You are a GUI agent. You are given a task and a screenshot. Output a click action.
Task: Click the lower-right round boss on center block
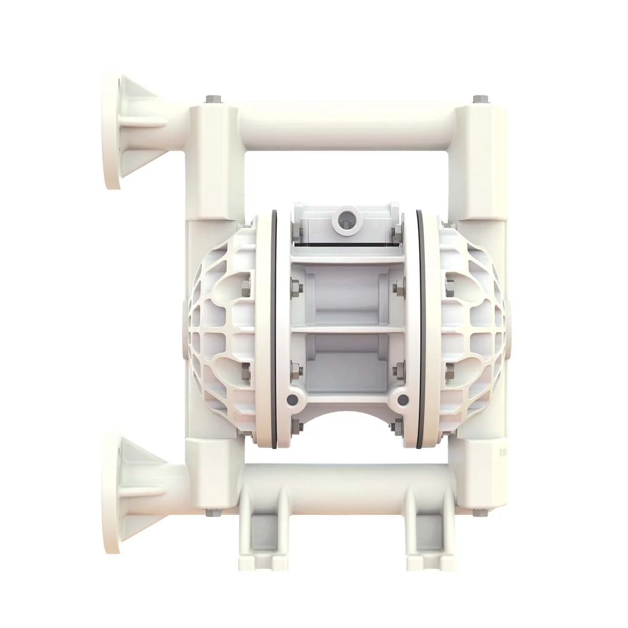coord(402,400)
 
